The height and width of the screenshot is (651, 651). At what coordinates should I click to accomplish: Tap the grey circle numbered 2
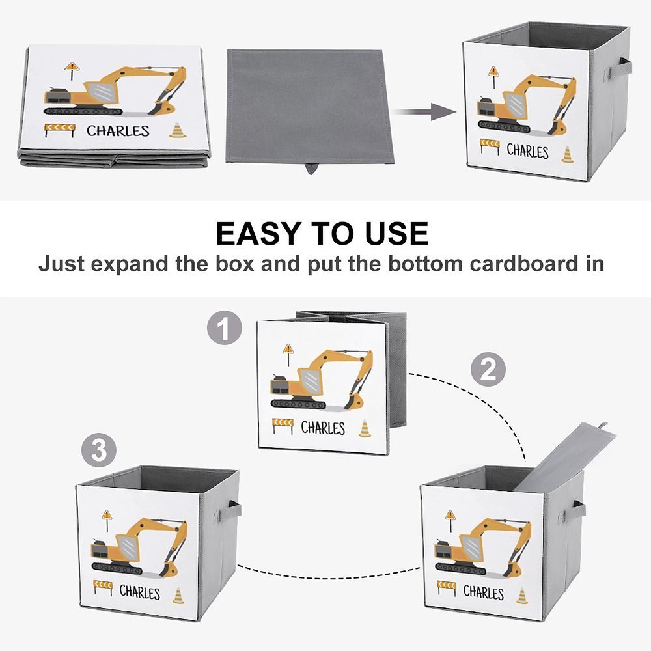[x=488, y=370]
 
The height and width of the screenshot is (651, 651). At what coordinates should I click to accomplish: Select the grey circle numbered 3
[x=98, y=450]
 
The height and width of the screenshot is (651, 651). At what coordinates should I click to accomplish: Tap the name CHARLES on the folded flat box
[x=118, y=131]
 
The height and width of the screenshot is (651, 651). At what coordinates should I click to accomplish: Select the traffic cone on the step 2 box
[x=521, y=595]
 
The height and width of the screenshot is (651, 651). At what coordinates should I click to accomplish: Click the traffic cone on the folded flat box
[x=178, y=130]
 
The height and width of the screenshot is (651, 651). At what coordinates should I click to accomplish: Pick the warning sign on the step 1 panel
[x=288, y=350]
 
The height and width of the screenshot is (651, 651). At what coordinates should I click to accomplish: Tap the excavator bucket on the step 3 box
[x=167, y=570]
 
